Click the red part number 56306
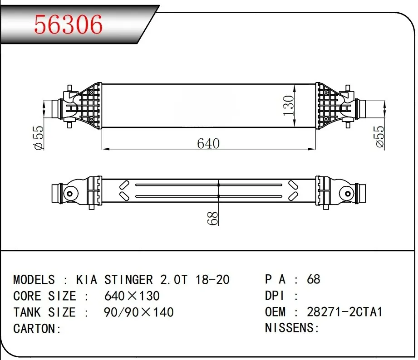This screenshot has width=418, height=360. [68, 24]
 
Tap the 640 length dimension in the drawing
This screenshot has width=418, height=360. [208, 143]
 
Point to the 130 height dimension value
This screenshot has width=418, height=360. [288, 106]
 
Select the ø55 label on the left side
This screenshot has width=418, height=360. [39, 138]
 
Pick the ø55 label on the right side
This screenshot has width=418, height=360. [379, 137]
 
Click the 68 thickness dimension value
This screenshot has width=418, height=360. [212, 218]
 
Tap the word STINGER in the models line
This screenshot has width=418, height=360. [128, 280]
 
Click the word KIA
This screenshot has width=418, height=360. [86, 280]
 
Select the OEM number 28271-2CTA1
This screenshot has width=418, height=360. [344, 312]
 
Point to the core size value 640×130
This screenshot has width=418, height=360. [132, 296]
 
